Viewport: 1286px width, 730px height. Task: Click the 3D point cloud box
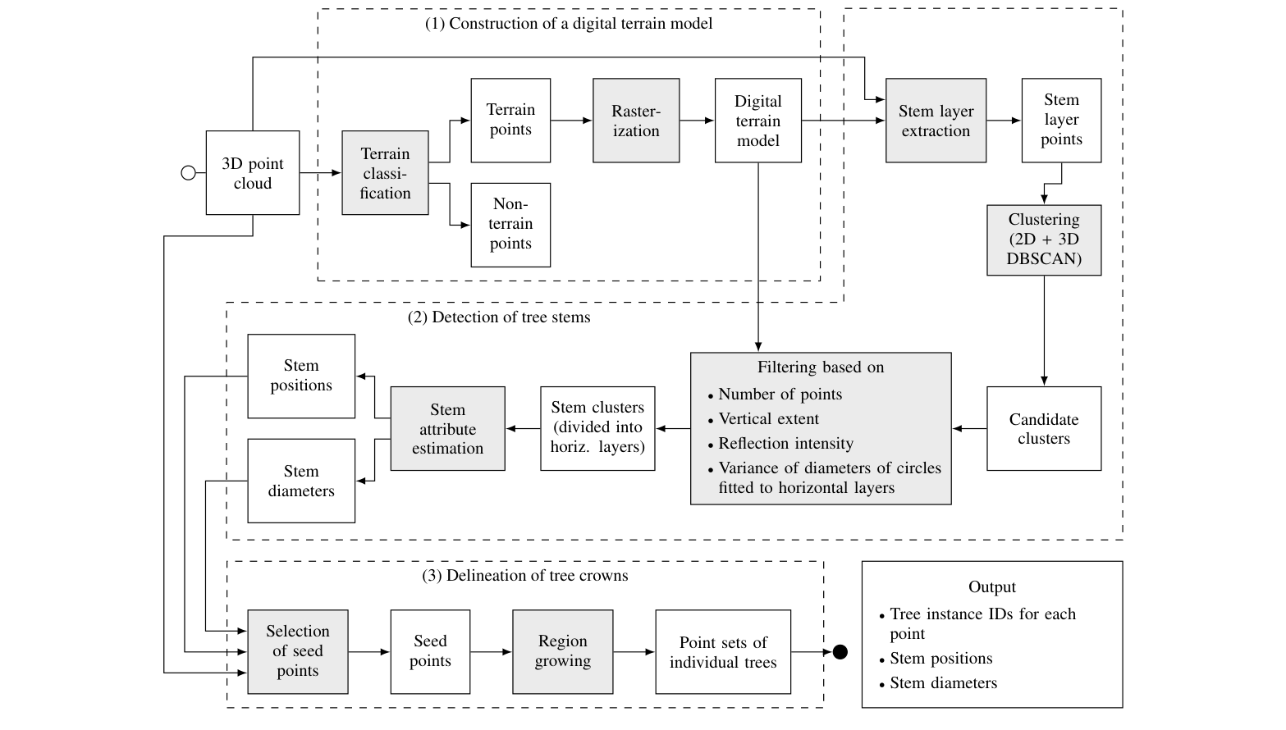[252, 173]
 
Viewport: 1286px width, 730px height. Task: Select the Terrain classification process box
[385, 173]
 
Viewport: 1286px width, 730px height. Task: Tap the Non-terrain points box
[510, 224]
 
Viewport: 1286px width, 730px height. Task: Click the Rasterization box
[636, 121]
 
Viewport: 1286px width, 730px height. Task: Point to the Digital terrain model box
[757, 121]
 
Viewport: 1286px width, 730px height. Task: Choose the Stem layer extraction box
[936, 121]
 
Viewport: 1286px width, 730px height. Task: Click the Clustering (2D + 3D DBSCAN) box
[1043, 240]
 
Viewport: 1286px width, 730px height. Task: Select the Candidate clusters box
[1043, 428]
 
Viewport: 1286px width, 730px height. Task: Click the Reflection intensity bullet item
[785, 444]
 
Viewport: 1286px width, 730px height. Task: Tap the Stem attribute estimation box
[447, 428]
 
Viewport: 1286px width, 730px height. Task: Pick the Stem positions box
[301, 376]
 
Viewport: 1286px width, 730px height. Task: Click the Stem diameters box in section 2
[301, 481]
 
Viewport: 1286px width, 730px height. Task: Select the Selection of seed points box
[297, 651]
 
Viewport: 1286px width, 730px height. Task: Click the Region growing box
[562, 651]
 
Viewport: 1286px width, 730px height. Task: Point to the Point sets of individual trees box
[722, 652]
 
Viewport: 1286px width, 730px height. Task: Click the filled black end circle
[840, 652]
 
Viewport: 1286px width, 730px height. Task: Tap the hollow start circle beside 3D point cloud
[188, 173]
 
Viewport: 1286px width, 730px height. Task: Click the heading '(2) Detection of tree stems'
[499, 317]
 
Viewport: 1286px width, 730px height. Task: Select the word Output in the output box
[991, 587]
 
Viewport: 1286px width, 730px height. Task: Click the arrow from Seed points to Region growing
[491, 652]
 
